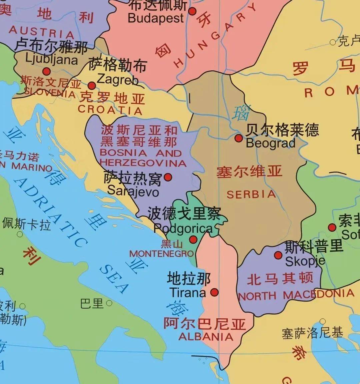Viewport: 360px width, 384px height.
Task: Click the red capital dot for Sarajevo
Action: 168,177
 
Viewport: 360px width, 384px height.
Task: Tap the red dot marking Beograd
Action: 238,138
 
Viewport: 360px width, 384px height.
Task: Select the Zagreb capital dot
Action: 92,86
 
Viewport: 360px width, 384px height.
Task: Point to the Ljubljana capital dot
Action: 46,71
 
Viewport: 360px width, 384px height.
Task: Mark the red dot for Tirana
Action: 215,292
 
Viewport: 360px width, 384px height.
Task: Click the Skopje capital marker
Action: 278,255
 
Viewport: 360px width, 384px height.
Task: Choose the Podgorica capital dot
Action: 193,239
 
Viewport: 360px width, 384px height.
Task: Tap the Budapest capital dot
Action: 192,11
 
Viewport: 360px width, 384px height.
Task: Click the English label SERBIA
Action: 251,194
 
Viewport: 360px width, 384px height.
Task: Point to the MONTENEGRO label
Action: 162,254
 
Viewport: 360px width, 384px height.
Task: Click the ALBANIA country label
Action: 206,337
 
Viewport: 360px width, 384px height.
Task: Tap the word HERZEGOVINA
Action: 143,163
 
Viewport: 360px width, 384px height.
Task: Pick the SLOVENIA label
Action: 49,92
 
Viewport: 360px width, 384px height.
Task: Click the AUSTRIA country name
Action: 41,32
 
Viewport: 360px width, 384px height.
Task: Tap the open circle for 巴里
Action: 109,303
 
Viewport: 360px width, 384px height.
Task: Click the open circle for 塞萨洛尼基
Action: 322,322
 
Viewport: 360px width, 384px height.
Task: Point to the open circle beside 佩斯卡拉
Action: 20,234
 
